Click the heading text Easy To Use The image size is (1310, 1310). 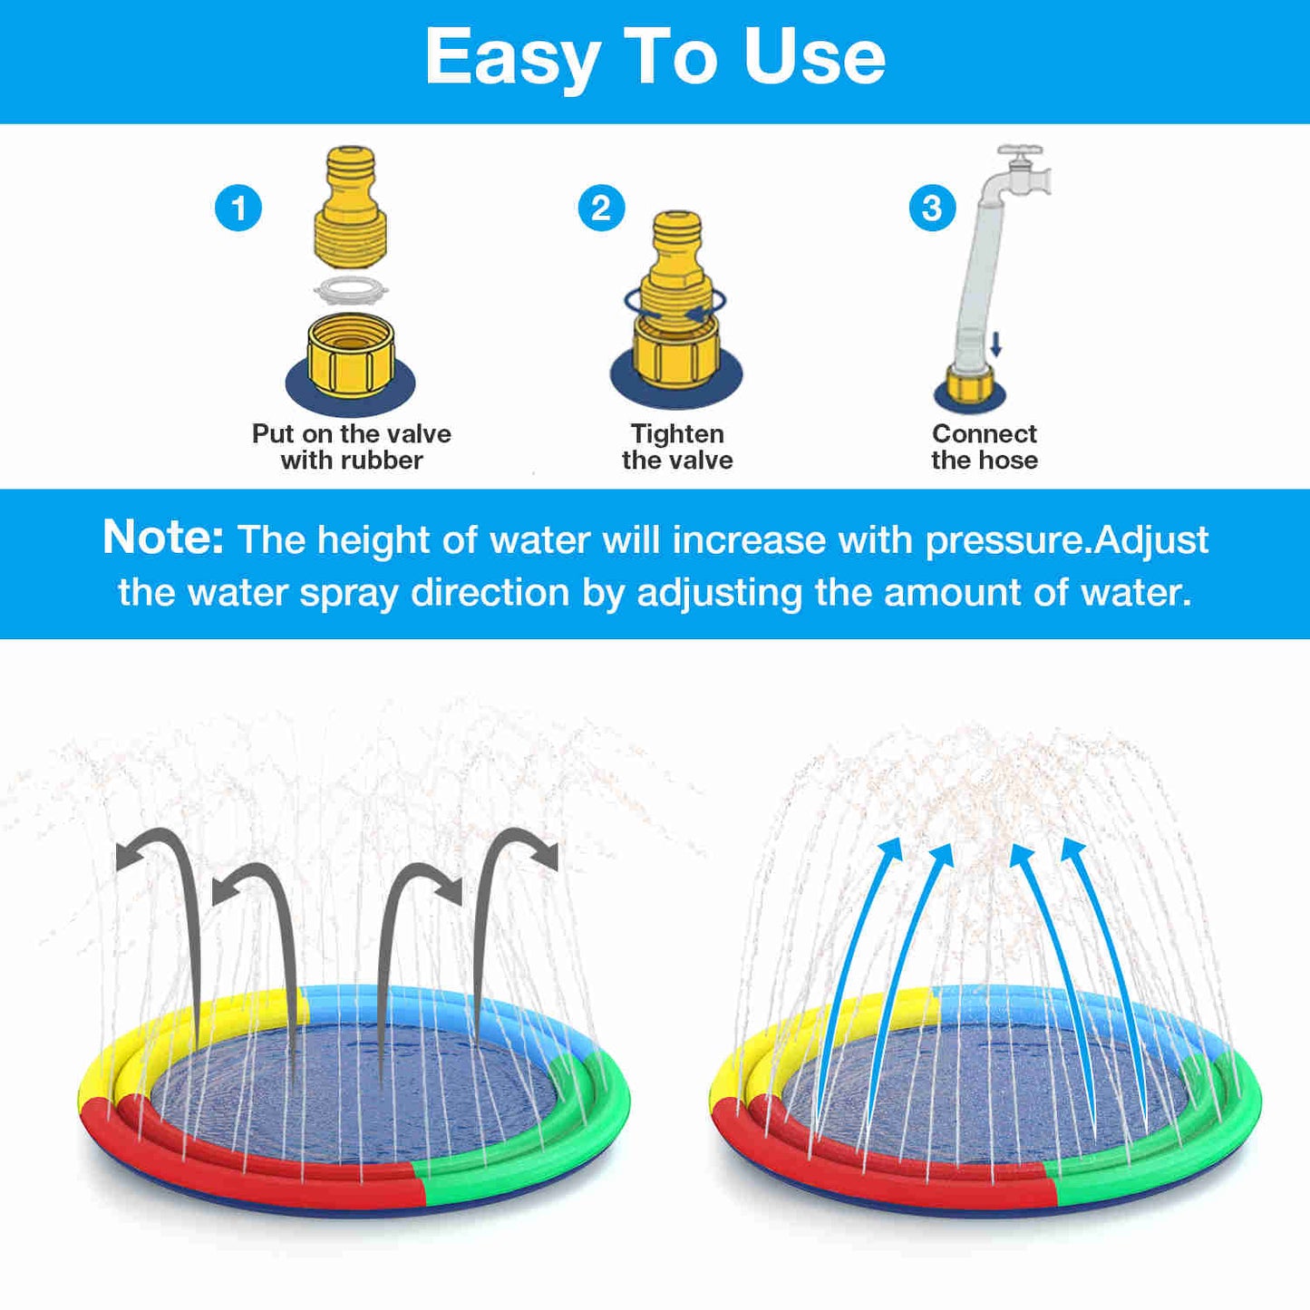click(655, 57)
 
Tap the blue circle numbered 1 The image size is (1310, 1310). click(238, 209)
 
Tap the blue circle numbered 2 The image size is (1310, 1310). click(601, 209)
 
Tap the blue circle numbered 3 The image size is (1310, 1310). click(932, 209)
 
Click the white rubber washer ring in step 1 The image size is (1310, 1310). click(351, 290)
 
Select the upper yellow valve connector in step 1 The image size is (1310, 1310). click(351, 209)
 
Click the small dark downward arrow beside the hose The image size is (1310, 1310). click(995, 344)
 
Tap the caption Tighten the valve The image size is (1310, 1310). click(677, 447)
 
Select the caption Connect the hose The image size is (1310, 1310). click(985, 447)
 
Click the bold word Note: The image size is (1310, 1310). click(163, 537)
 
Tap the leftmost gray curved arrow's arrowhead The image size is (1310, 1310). click(127, 857)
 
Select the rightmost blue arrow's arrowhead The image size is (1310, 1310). click(1072, 849)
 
